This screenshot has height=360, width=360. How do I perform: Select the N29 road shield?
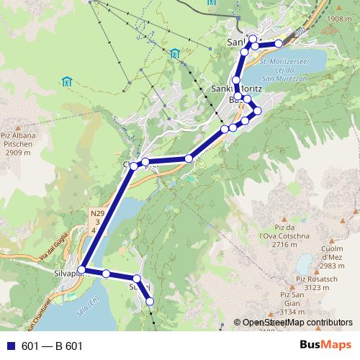(98, 214)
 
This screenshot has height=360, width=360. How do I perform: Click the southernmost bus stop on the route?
(150, 302)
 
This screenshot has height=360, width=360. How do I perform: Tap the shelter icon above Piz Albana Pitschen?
(66, 82)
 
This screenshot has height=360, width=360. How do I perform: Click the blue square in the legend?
(12, 346)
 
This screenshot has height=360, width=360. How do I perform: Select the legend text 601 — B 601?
(52, 346)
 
